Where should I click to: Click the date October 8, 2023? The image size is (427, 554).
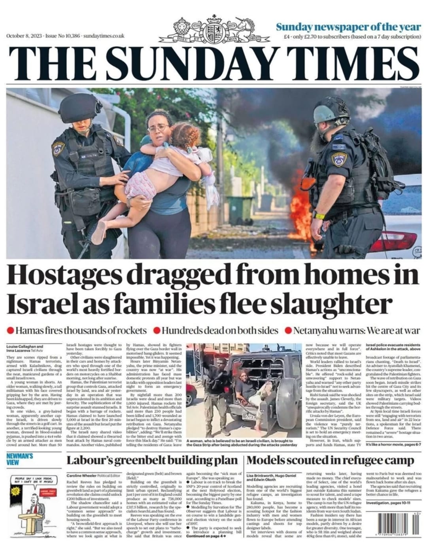coord(25,36)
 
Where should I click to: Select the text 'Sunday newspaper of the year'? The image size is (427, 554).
coord(348,27)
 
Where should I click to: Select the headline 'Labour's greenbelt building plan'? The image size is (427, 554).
coord(152,460)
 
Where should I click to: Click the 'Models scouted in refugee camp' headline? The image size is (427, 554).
coord(330,460)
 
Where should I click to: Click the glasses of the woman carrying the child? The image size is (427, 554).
coord(158,129)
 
